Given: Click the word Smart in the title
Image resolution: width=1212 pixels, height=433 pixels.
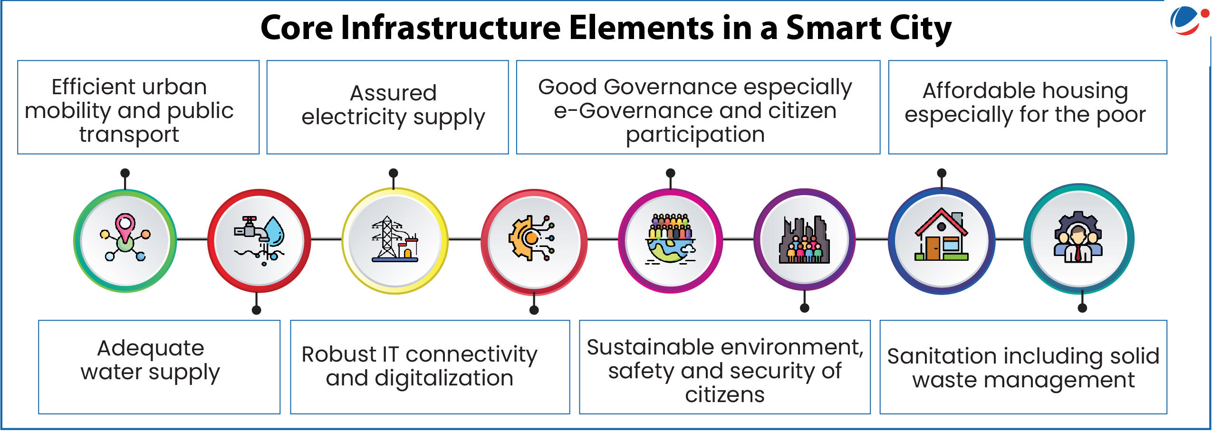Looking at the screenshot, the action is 833,28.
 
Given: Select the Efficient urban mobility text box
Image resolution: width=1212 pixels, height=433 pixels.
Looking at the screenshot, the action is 138,107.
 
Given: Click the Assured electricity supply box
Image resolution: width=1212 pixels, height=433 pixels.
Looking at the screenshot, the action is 388,107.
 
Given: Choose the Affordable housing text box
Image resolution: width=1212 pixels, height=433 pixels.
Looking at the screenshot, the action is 1028,107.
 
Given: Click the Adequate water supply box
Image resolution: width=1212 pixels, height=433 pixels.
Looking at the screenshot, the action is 159,367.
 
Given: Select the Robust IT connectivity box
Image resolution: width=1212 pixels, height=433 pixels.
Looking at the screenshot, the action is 430,367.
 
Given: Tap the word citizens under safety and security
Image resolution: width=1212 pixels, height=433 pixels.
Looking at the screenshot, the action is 725,394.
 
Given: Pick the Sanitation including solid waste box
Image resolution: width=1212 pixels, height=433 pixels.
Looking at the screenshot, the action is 1023,367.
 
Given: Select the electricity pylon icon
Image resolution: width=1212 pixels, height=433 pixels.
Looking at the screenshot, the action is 395,239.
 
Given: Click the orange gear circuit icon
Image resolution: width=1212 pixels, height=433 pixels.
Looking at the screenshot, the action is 532,238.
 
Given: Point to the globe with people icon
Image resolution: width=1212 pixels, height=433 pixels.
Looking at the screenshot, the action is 671,239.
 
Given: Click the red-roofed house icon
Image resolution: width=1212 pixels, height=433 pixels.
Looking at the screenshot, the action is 942,235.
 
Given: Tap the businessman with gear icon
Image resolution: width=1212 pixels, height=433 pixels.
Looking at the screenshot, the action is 1078,237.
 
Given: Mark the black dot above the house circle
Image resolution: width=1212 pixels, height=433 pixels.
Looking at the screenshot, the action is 942,173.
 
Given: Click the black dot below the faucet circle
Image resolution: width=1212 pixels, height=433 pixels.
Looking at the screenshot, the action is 257,310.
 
